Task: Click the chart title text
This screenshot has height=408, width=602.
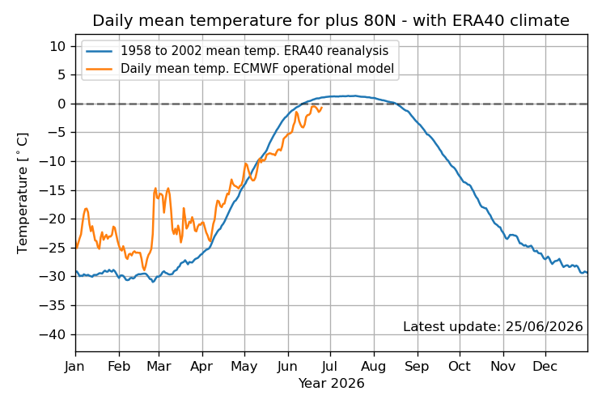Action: [331, 20]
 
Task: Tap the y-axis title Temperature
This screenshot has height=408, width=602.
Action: [23, 193]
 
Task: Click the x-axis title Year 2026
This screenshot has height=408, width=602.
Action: [331, 383]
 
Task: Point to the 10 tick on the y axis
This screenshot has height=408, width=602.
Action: [57, 46]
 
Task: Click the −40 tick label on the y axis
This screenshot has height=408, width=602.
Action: [53, 334]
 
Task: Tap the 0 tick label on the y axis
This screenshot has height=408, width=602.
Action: [61, 104]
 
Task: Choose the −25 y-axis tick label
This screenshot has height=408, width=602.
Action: [53, 249]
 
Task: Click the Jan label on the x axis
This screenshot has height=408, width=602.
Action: [75, 366]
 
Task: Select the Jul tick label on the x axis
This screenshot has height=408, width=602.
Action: [330, 366]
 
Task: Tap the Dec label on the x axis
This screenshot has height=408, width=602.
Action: [545, 366]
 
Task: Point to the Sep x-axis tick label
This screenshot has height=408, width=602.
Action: [417, 366]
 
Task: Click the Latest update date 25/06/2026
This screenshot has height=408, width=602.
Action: [544, 326]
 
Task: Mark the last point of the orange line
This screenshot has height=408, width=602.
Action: [322, 108]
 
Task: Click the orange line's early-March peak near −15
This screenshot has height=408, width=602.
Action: [155, 188]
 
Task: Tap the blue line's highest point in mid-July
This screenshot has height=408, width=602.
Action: [354, 96]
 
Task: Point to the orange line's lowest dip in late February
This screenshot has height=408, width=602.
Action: [144, 270]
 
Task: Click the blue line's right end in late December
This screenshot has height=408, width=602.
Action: [587, 272]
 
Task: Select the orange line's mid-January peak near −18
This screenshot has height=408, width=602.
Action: [87, 208]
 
